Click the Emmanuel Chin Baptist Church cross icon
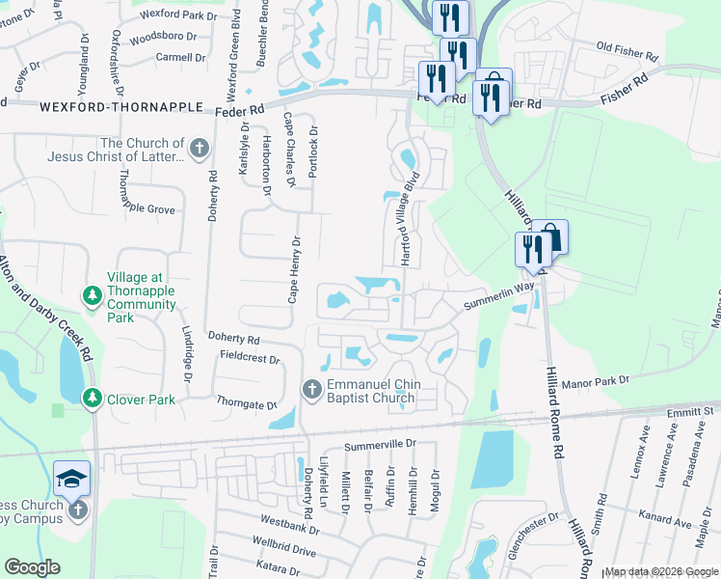(311, 389)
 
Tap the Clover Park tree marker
(93, 398)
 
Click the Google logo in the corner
(32, 567)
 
